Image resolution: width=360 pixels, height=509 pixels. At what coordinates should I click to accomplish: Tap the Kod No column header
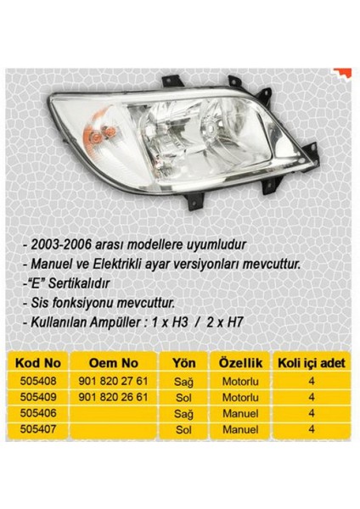tap(36, 361)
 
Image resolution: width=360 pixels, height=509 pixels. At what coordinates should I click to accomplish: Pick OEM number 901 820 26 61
tap(113, 396)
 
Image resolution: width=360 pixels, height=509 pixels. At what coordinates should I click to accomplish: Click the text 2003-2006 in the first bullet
tap(59, 247)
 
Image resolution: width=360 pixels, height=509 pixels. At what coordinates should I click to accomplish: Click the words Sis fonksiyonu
tap(68, 301)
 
